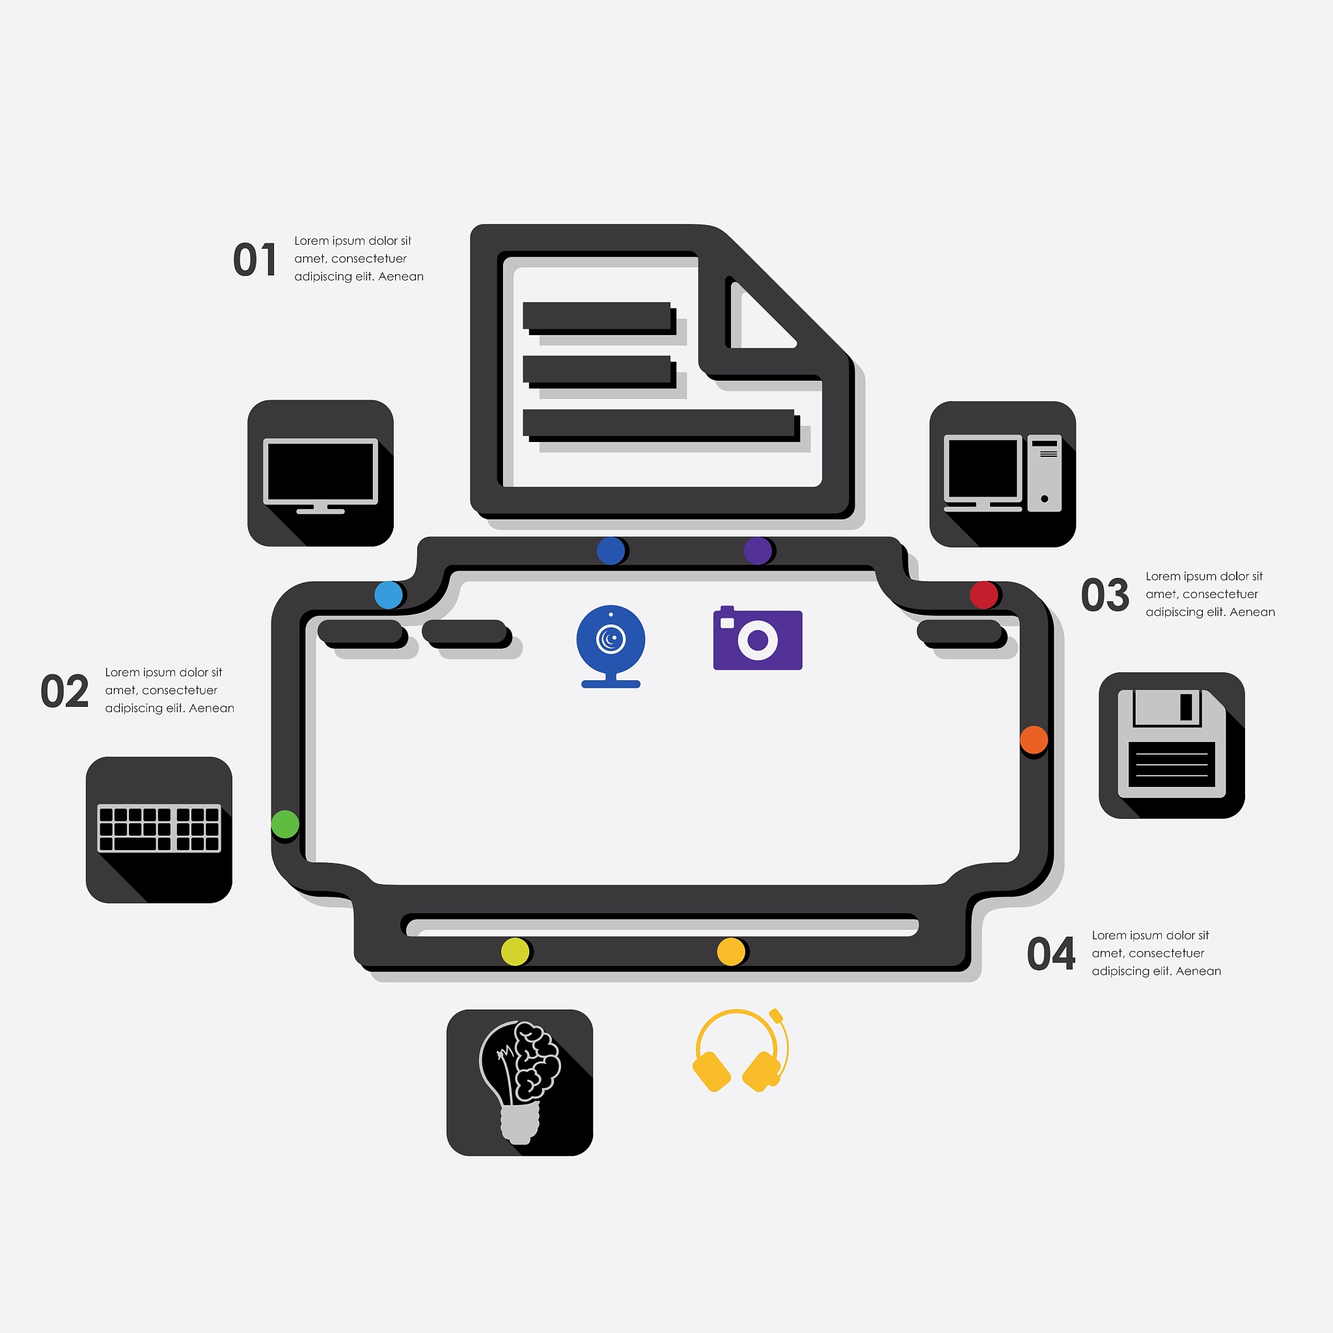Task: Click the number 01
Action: pos(254,260)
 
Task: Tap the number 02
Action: pos(65,691)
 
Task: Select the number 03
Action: pos(1105,595)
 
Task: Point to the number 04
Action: pos(1051,954)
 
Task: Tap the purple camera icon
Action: pos(758,639)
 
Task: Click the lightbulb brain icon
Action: pos(519,1082)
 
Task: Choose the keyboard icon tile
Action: pos(159,830)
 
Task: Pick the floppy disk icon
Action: pos(1172,746)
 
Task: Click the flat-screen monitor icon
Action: pos(320,473)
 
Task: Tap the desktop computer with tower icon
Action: pos(1002,474)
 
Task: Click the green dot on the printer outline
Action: pos(285,824)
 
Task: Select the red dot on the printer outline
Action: pos(984,595)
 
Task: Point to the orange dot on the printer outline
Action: pos(1034,739)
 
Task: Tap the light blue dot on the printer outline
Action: pos(389,595)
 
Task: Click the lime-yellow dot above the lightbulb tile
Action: pos(515,952)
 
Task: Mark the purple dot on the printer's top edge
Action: pos(758,551)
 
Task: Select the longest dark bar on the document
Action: pos(658,422)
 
